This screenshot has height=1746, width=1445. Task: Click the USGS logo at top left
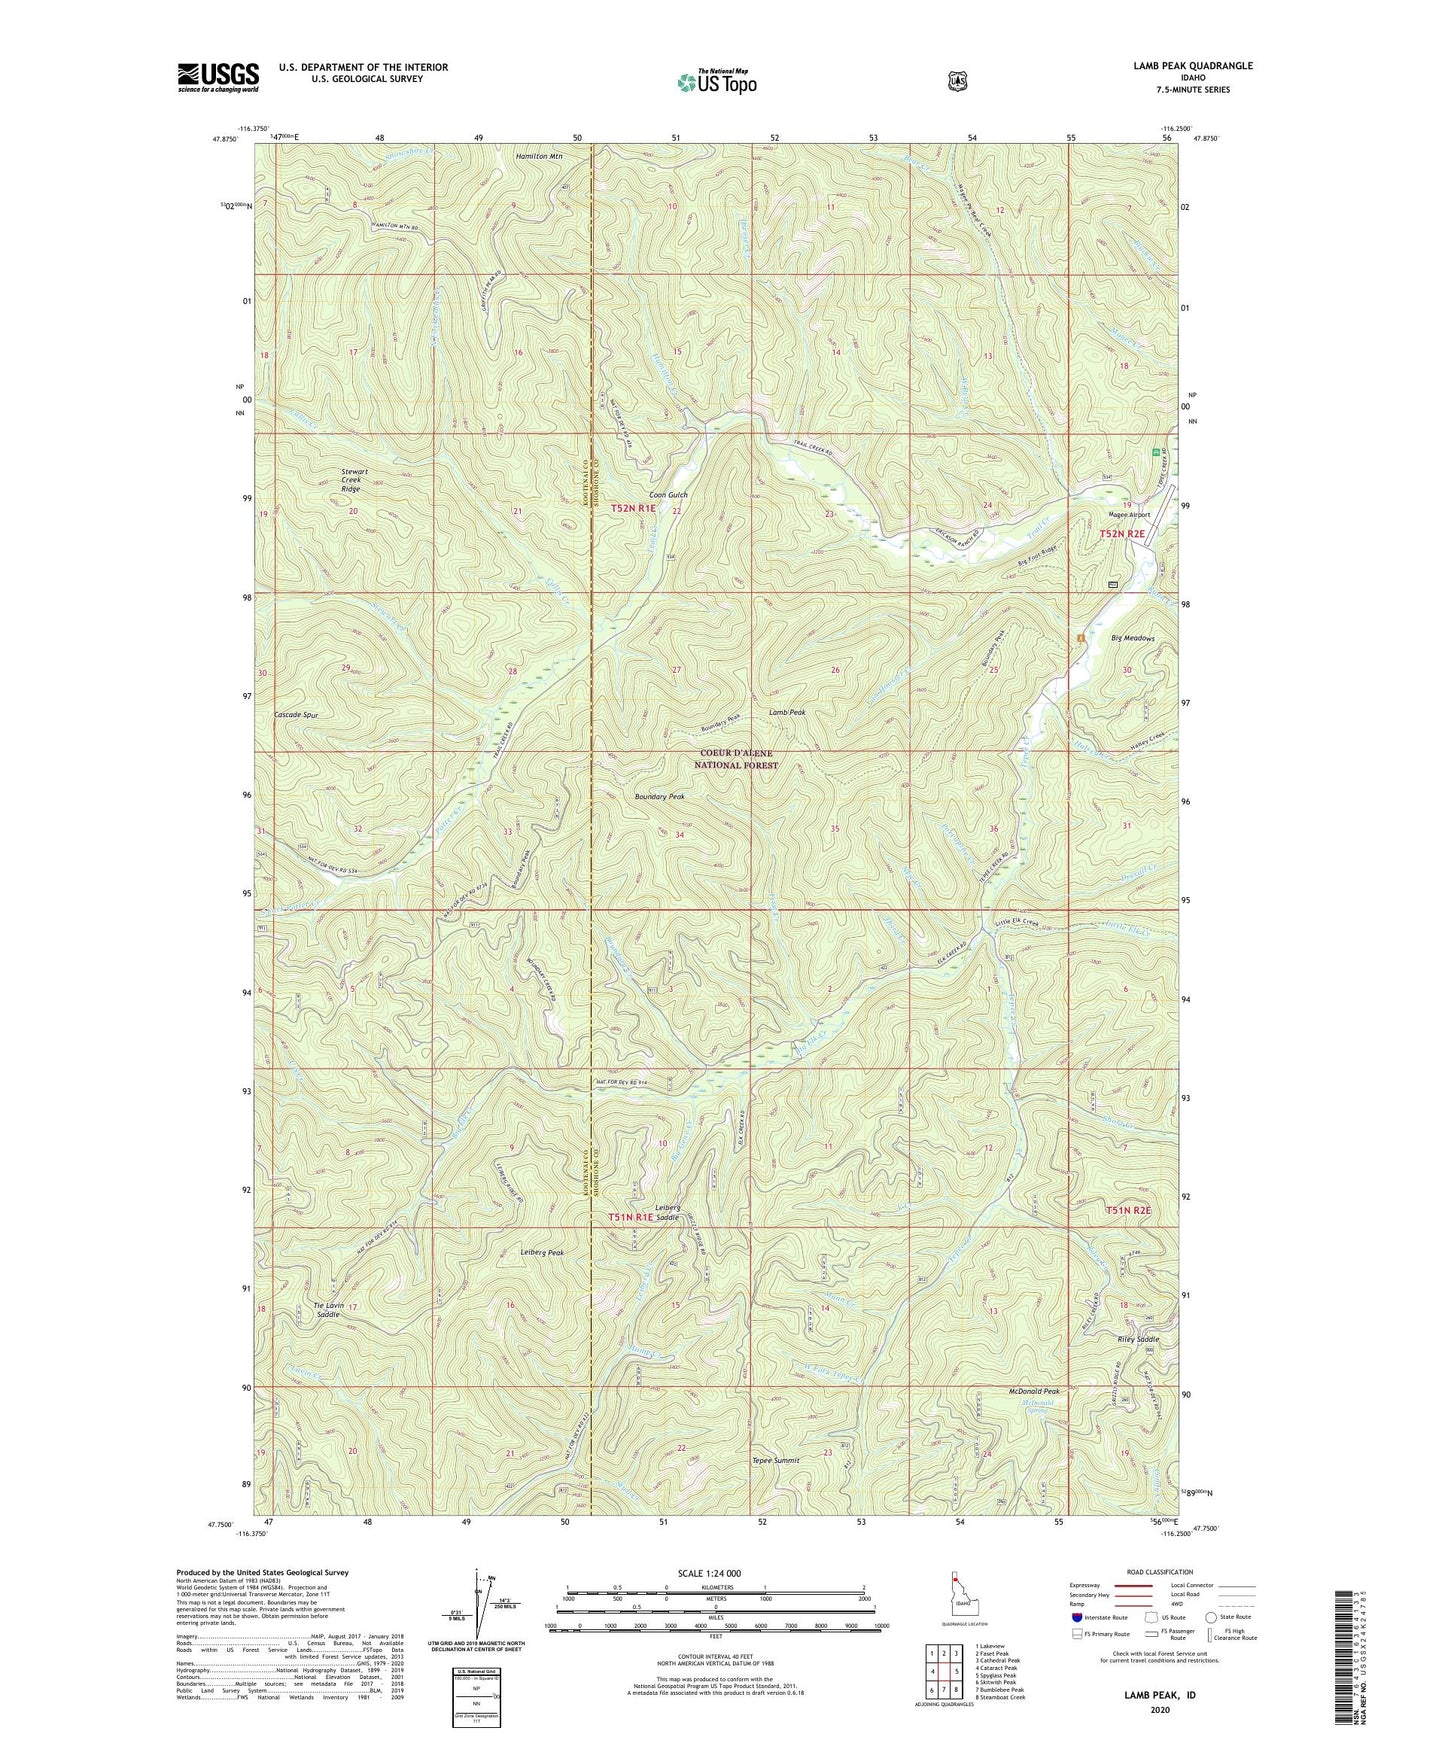(x=218, y=77)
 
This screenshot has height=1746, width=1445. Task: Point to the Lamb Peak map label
(x=788, y=712)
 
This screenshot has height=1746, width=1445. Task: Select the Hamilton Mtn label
(x=539, y=157)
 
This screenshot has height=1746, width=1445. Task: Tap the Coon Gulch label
(x=669, y=495)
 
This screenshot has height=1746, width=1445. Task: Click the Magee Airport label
(x=1128, y=515)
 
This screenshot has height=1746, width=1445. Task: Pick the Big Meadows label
(x=1132, y=638)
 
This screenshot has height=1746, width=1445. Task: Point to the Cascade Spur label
(x=296, y=716)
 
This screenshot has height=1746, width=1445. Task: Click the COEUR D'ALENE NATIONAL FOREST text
(x=737, y=759)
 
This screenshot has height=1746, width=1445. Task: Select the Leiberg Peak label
(x=543, y=1252)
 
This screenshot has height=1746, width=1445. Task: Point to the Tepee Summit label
(x=776, y=1460)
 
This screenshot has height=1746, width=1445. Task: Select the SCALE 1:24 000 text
(x=710, y=1574)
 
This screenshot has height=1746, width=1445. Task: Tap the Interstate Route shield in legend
(x=1076, y=1616)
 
